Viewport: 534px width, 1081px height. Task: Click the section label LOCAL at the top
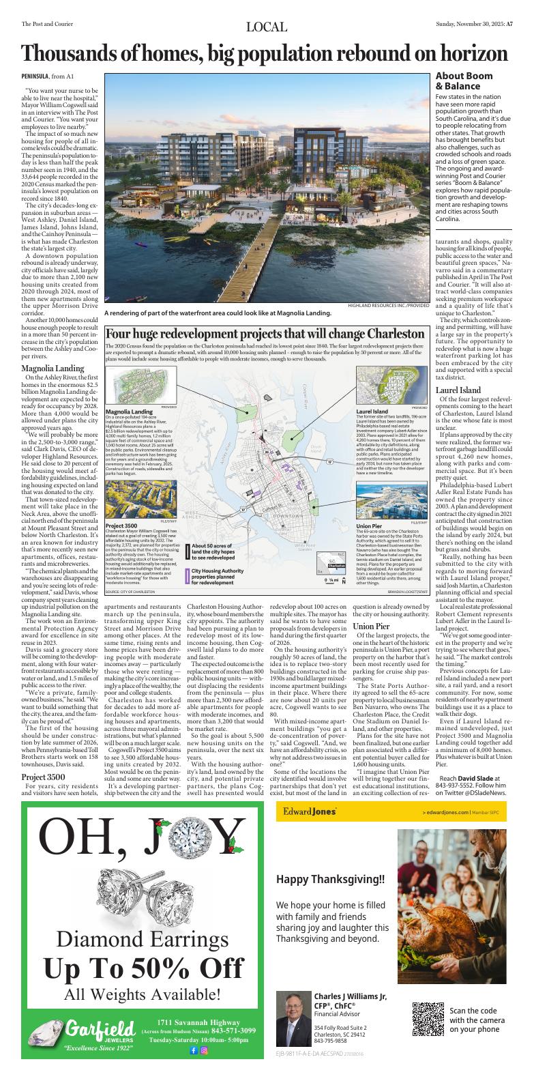[x=267, y=27]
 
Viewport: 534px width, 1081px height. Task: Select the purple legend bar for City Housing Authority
[x=188, y=576]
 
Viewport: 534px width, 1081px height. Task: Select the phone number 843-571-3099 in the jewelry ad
[x=233, y=1030]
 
